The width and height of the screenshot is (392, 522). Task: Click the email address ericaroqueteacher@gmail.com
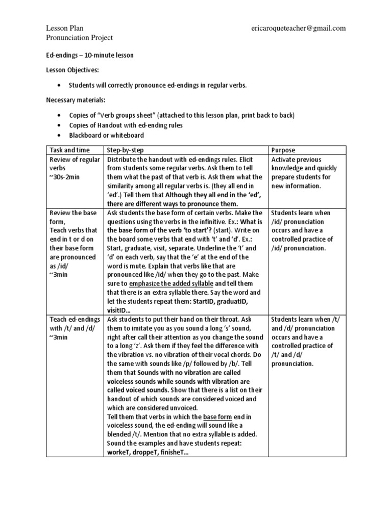299,28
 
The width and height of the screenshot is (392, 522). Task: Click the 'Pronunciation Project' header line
79,38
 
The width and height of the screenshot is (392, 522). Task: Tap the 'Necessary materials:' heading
75,100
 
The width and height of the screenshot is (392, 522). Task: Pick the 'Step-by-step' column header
126,150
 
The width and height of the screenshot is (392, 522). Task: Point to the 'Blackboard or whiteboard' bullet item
106,136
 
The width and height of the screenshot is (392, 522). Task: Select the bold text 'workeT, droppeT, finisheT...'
148,453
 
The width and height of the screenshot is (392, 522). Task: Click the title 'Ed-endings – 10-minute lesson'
90,55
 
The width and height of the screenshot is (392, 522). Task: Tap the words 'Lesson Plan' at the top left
65,28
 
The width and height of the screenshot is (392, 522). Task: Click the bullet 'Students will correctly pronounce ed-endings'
158,86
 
